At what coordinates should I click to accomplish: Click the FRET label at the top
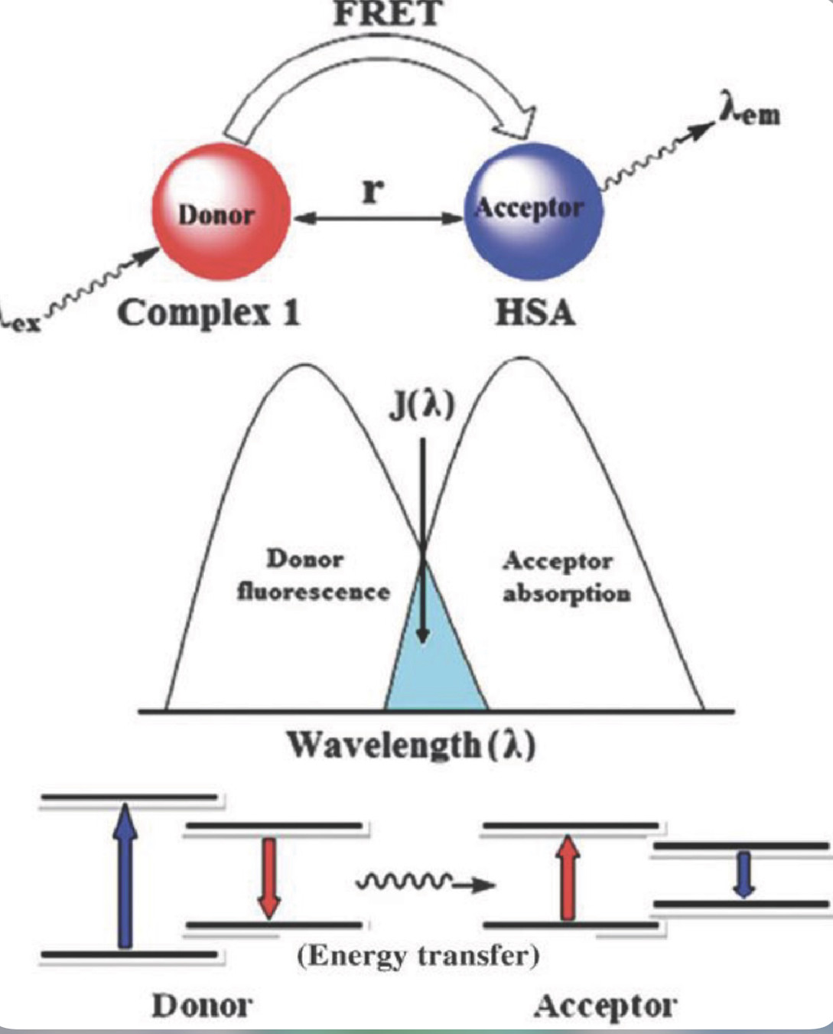point(387,13)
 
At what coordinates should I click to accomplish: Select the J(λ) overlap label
point(421,405)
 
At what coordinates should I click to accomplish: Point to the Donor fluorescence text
point(312,576)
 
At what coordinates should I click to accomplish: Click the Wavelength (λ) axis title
point(411,745)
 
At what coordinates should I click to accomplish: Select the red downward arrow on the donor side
point(268,876)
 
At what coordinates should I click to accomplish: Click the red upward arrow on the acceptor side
point(567,876)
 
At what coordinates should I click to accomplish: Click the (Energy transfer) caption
point(417,956)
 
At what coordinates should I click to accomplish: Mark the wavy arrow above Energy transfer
point(425,884)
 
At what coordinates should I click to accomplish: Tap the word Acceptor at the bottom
point(604,1006)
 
